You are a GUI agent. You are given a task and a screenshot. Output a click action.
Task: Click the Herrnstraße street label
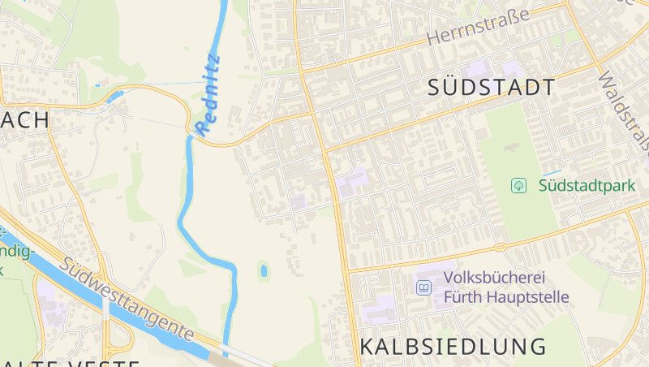(x=478, y=27)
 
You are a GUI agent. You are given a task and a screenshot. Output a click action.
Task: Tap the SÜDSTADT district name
(x=492, y=88)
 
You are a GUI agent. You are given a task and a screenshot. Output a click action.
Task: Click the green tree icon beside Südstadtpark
(x=518, y=186)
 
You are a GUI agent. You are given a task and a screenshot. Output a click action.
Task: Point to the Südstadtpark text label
(x=587, y=186)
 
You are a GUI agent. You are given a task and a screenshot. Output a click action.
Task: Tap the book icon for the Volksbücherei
(x=423, y=287)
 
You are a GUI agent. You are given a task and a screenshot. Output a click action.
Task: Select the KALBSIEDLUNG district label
(x=453, y=346)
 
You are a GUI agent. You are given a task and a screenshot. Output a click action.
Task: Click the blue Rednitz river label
(x=208, y=93)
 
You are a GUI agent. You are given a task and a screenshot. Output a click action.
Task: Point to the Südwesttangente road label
(x=127, y=298)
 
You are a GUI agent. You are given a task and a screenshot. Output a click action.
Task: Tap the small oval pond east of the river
(x=263, y=270)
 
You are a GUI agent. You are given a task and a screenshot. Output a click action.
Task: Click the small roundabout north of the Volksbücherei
(x=501, y=246)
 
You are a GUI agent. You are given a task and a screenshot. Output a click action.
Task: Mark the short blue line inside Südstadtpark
(x=551, y=173)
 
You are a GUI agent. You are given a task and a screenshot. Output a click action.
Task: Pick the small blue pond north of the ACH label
(x=114, y=97)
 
